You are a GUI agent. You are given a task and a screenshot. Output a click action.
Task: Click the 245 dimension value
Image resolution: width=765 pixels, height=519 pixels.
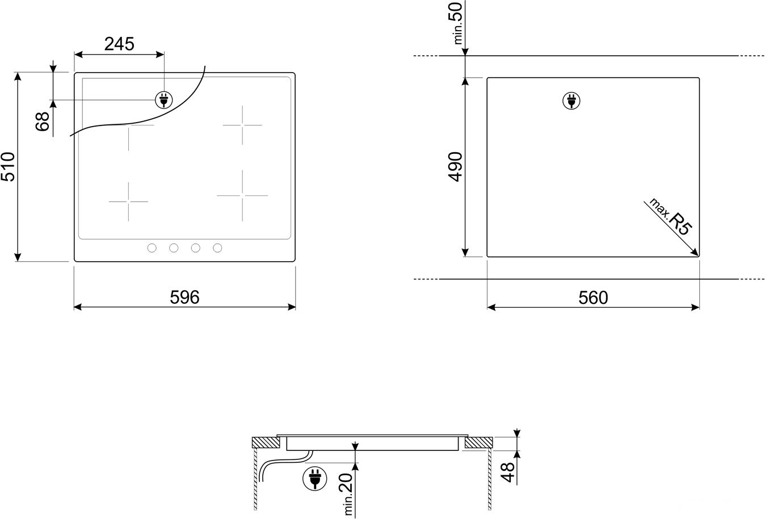(x=119, y=44)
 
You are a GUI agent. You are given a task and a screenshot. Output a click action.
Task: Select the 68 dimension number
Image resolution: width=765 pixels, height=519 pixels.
(x=43, y=122)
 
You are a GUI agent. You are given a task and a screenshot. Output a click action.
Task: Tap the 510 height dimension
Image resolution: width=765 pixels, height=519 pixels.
(x=8, y=167)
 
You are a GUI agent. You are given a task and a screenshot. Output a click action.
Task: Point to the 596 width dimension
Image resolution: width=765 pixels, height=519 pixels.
(x=185, y=297)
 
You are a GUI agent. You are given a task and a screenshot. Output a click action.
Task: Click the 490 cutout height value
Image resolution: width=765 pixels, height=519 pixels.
(x=455, y=167)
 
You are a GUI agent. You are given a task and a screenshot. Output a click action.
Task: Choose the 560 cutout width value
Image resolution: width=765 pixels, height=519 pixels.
(x=593, y=298)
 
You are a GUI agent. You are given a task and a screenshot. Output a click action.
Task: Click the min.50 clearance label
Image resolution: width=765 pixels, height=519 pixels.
(x=457, y=23)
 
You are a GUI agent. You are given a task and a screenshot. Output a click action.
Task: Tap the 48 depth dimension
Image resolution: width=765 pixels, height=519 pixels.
(x=508, y=472)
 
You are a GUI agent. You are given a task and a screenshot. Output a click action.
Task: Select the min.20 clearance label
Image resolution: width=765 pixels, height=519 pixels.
(x=347, y=494)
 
